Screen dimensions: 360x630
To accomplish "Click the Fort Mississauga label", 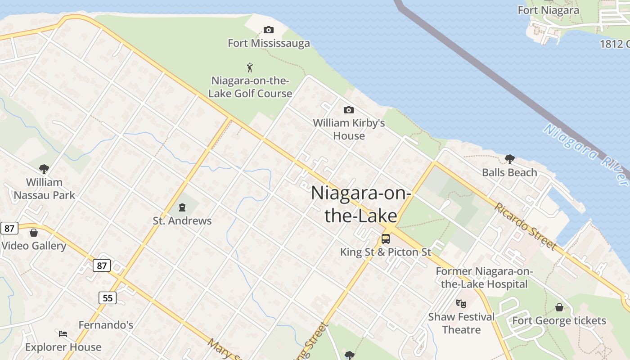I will click(269, 43).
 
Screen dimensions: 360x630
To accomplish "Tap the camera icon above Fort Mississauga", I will click(269, 30).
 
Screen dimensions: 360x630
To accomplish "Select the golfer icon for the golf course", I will click(250, 67).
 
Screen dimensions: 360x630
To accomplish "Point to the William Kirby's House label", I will click(349, 129).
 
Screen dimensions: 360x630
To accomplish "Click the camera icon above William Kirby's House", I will click(348, 110).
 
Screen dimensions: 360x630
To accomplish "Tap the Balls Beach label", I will click(509, 172).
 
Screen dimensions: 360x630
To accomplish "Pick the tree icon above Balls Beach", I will click(509, 159).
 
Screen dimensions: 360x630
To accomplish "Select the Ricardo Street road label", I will click(526, 226).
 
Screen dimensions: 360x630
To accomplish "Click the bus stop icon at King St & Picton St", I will click(386, 239).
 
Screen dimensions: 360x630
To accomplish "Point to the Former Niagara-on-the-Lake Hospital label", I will click(484, 278).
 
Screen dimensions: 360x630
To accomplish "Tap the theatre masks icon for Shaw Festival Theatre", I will click(461, 303).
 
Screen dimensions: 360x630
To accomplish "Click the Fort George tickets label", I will click(559, 321).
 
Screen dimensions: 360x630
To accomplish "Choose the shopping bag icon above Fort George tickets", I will click(559, 307).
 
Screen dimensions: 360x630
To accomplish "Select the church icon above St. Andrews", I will click(182, 207).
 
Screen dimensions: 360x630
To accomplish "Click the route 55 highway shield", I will click(108, 297).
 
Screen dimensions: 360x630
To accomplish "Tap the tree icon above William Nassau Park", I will click(44, 169).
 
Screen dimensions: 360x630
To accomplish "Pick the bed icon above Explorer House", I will click(63, 334).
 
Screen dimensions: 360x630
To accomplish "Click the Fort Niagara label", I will click(548, 10).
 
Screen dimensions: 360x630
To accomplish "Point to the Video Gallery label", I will click(34, 246).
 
